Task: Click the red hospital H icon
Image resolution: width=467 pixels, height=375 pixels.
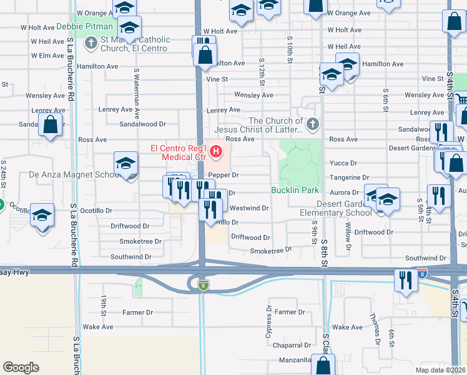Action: [216, 151]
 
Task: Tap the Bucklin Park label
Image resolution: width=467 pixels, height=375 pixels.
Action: [295, 190]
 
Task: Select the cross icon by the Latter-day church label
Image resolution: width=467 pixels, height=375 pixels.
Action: [312, 124]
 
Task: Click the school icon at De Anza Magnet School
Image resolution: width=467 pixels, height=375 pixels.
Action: [125, 164]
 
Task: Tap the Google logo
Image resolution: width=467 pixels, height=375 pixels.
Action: [21, 367]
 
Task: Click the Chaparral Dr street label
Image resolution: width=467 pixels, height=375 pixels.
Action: [290, 345]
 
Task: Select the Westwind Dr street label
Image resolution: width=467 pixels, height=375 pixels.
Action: [249, 207]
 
